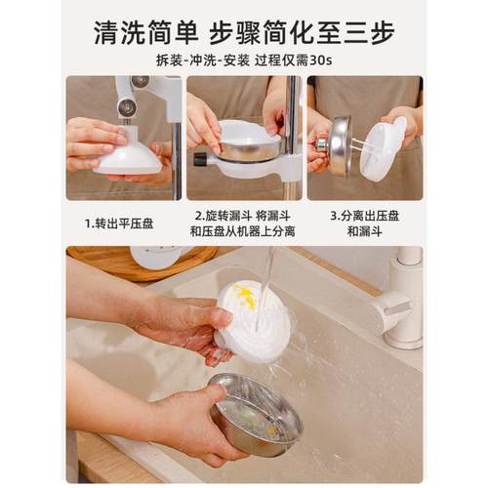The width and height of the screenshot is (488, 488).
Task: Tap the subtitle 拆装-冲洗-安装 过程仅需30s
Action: pos(243,60)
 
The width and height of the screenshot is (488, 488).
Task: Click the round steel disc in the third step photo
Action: pos(341,145)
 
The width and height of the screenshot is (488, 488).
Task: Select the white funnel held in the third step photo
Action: pos(384,149)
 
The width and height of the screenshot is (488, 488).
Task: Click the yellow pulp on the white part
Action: pos(244,296)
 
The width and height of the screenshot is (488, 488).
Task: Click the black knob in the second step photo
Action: pos(200,157)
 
